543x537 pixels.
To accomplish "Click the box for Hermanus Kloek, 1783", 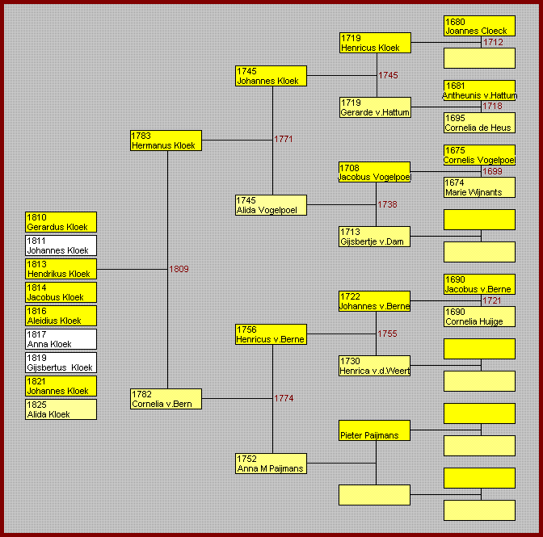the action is click(166, 141).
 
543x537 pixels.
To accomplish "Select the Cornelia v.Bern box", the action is click(166, 399).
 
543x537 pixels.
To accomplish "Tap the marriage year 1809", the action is click(179, 269).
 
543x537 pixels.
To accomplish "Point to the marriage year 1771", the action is click(284, 139).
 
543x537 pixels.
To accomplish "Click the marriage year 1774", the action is click(284, 398).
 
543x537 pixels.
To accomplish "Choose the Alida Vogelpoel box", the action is click(271, 205).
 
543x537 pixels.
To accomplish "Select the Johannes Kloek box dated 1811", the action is click(61, 245).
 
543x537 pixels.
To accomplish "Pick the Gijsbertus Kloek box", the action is click(61, 363).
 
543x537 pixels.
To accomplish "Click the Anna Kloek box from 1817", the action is click(61, 339).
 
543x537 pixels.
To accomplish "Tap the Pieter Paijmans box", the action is click(374, 430).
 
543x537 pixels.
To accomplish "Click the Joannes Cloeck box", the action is click(479, 26).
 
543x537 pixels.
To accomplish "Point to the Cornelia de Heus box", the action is click(479, 123).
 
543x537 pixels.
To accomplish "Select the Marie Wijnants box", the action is click(479, 187).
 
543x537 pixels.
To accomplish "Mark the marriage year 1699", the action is click(492, 171).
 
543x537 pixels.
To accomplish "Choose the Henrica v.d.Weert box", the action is click(374, 366).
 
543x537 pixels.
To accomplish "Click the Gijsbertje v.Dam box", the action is click(374, 237).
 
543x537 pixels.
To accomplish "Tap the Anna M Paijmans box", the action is click(271, 464).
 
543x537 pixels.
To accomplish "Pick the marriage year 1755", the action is click(387, 334).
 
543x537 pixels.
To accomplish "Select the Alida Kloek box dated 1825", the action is click(61, 409).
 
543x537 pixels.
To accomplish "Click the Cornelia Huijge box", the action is click(479, 317).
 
